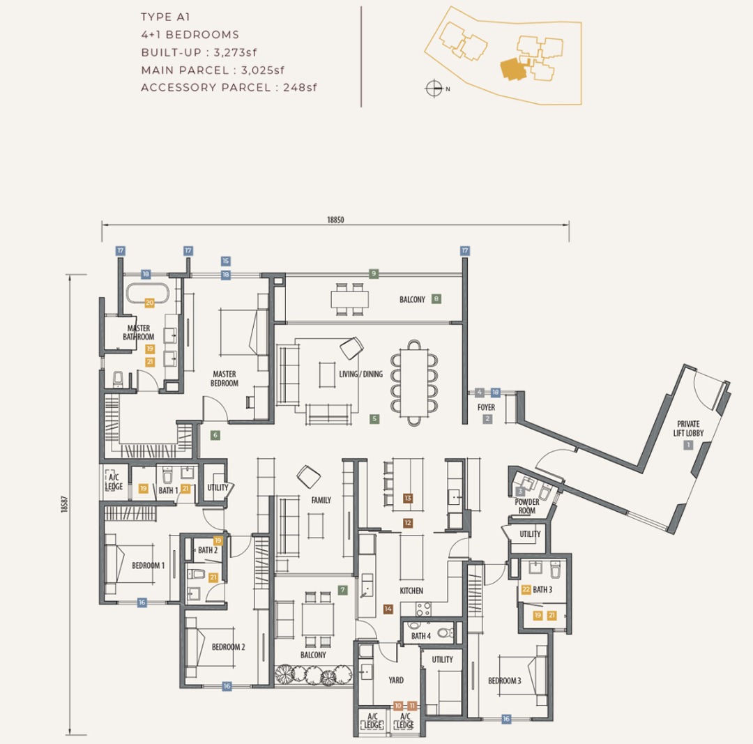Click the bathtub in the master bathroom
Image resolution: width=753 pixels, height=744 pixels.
147,292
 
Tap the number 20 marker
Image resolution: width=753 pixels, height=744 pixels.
149,303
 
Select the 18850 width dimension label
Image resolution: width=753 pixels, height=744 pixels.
335,220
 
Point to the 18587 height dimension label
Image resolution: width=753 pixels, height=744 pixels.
64,504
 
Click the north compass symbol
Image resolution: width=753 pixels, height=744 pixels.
434,88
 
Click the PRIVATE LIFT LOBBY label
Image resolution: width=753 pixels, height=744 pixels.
688,428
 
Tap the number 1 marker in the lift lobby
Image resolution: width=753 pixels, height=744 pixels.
687,445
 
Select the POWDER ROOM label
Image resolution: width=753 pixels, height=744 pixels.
527,506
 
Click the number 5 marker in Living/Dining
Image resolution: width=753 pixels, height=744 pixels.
374,419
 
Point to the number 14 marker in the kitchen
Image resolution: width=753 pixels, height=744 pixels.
388,609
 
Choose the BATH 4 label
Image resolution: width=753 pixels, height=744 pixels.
420,636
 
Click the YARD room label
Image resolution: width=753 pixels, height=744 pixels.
396,680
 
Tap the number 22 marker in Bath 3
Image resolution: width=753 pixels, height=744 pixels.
526,589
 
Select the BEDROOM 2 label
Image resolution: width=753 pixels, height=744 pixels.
228,647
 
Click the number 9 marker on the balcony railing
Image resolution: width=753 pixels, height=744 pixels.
374,274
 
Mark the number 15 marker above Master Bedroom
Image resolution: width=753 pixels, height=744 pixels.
226,261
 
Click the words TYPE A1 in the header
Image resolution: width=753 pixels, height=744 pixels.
166,17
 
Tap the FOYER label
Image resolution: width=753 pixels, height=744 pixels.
486,407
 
